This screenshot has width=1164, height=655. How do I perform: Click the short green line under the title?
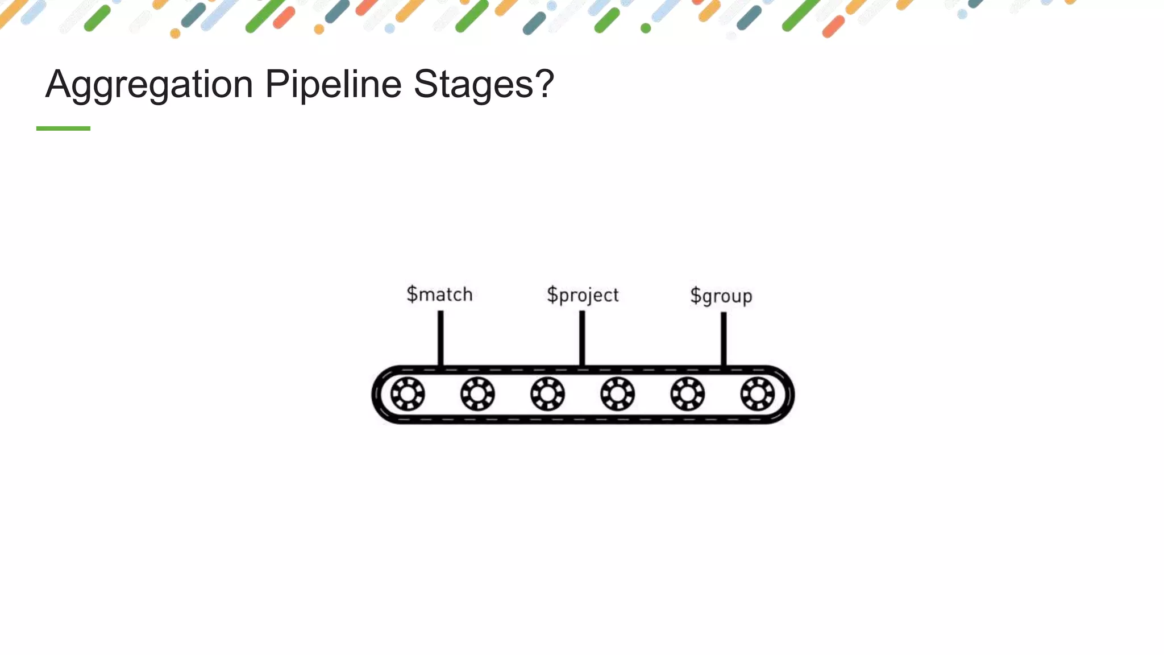coord(63,128)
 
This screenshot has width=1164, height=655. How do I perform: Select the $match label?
coord(439,295)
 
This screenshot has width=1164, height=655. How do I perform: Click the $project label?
coord(583,295)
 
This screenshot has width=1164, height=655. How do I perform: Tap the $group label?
coord(721,296)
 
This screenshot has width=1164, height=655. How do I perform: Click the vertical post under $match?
coord(440,338)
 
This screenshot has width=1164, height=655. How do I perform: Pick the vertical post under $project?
coord(582,338)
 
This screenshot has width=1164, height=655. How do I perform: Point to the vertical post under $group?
coord(724,339)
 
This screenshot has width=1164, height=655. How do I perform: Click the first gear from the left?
coord(408,394)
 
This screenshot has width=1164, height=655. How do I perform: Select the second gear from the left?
coord(477,394)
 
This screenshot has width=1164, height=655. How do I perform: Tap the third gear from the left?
coord(547,394)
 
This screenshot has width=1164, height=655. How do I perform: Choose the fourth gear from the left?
coord(617,394)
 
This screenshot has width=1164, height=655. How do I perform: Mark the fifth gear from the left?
coord(687,394)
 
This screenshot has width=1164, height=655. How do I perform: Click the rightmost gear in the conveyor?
coord(757,394)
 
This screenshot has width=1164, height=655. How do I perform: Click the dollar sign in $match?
coord(412,294)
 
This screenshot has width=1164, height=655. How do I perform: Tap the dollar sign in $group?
coord(696,296)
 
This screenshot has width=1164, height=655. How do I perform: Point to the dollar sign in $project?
coord(552,295)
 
